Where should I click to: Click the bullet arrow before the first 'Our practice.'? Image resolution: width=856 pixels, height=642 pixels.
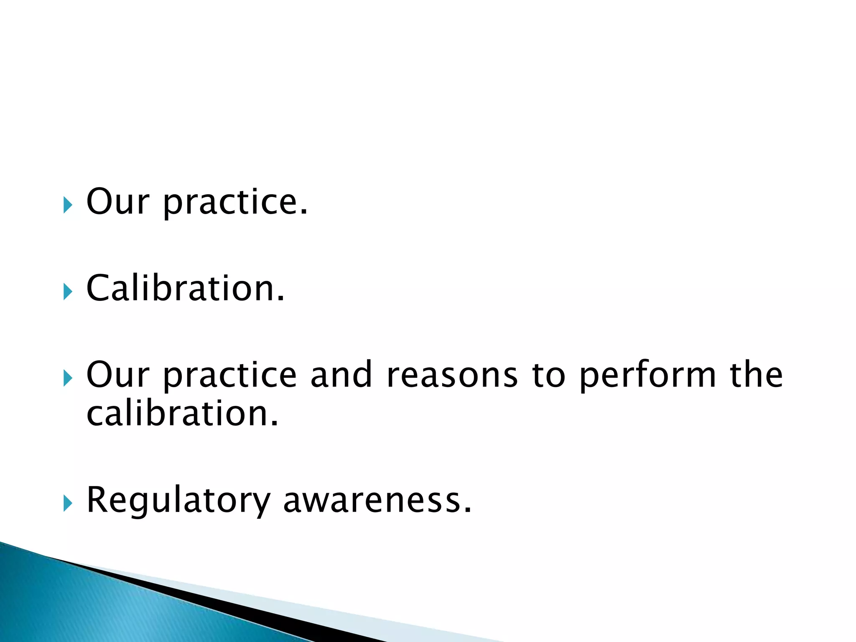[x=68, y=205]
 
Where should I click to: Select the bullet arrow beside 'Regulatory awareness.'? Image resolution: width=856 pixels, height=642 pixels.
[x=68, y=503]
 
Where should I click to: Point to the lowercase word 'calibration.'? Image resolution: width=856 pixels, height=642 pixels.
[x=182, y=413]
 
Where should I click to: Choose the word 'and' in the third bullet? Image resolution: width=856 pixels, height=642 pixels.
[x=341, y=374]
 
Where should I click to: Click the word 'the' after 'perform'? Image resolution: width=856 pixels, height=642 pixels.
[x=756, y=374]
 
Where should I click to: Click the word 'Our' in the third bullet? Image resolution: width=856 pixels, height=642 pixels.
[x=117, y=374]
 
